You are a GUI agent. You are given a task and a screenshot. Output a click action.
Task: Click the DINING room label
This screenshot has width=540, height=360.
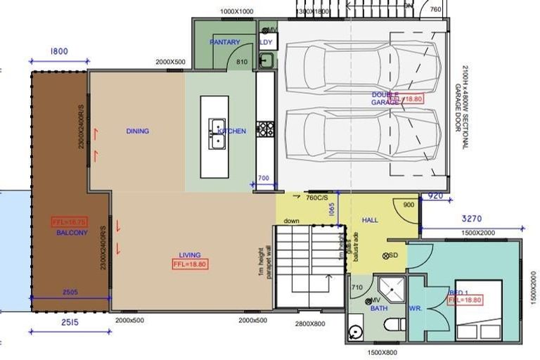pyautogui.click(x=137, y=131)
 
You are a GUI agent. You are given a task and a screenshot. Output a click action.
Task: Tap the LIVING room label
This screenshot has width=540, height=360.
pyautogui.click(x=189, y=255)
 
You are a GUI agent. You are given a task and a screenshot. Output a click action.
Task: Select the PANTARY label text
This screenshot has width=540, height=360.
pyautogui.click(x=224, y=42)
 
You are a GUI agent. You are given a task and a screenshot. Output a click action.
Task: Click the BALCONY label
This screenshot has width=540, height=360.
pyautogui.click(x=72, y=232)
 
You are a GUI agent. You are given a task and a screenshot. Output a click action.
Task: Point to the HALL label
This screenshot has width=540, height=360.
pyautogui.click(x=370, y=220)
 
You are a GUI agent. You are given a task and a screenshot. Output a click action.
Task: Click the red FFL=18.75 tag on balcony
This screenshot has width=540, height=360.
pyautogui.click(x=69, y=222)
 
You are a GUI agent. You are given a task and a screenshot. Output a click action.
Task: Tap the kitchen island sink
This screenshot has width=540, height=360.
pyautogui.click(x=216, y=134)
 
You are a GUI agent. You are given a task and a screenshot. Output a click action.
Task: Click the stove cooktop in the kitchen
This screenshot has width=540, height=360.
pyautogui.click(x=265, y=129)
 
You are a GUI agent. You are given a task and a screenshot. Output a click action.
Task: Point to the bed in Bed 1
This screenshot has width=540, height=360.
pyautogui.click(x=480, y=309)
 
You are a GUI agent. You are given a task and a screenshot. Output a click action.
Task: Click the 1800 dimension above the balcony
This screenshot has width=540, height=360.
pyautogui.click(x=59, y=51)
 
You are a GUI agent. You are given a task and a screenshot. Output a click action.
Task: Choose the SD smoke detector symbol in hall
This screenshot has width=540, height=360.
pyautogui.click(x=387, y=255)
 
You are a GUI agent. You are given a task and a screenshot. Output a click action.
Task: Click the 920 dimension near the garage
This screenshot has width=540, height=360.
pyautogui.click(x=435, y=196)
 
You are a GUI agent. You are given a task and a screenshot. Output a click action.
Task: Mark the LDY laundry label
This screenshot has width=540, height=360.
pyautogui.click(x=266, y=42)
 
